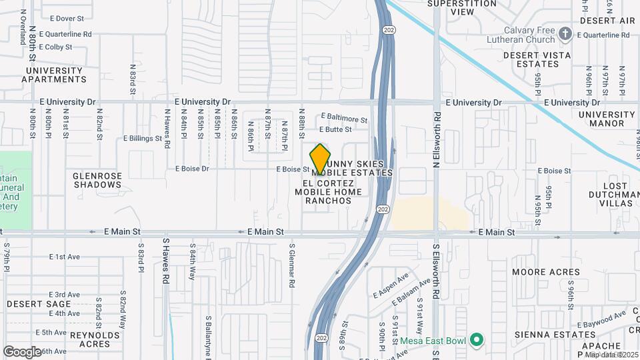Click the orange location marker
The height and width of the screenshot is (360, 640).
point(320,159)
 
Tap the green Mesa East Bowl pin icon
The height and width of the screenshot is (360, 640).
point(476,340)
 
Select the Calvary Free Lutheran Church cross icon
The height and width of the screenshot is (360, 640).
point(565,33)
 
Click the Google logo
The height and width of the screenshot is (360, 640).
point(22,351)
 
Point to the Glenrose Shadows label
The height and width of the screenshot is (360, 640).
point(97,180)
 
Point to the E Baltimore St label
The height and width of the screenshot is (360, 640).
point(344,119)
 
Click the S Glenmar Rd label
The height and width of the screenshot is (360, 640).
point(292,265)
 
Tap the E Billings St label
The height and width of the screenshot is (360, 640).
point(143,139)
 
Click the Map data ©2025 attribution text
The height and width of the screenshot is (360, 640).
point(611,355)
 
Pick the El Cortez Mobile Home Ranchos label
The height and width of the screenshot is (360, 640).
point(328,192)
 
